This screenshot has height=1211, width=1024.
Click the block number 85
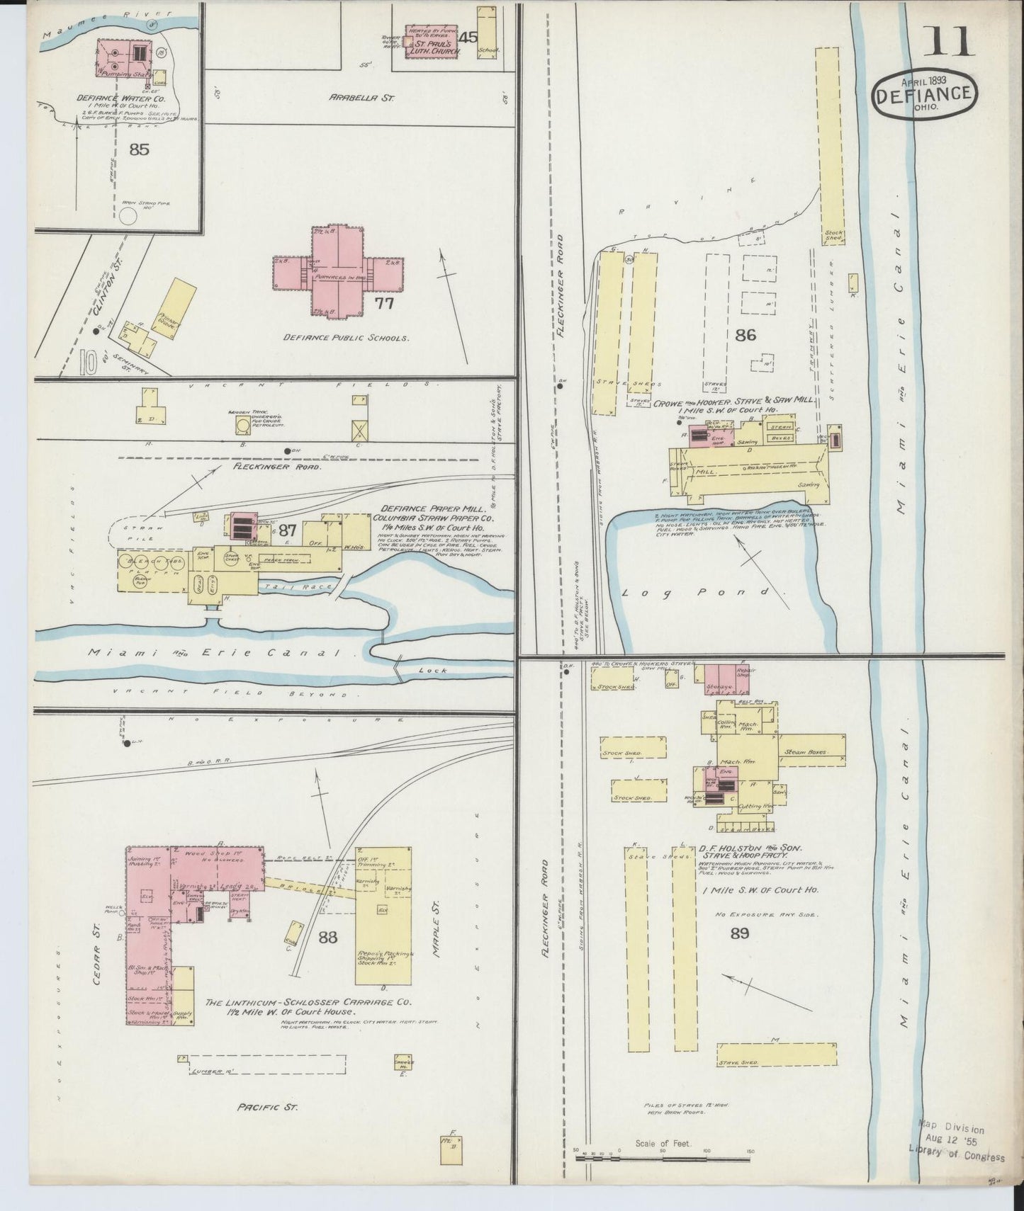(140, 149)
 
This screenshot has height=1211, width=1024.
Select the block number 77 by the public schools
(384, 305)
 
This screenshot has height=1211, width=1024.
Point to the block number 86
(745, 336)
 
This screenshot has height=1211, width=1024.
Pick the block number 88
(327, 938)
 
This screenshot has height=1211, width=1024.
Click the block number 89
(739, 933)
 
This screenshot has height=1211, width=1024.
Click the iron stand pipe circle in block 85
(129, 215)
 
